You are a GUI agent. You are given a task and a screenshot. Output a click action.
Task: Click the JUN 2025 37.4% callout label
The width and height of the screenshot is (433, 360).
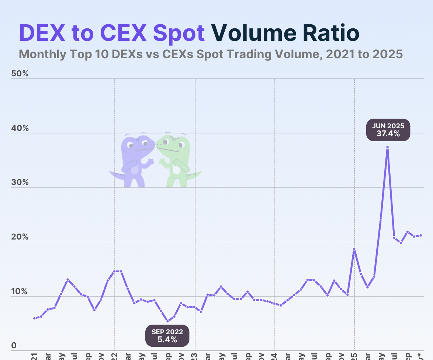point(388,130)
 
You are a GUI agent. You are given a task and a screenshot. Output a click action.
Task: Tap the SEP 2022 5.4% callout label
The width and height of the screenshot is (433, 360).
point(167,335)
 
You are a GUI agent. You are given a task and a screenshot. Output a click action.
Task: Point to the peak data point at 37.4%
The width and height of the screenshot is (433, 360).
point(387,147)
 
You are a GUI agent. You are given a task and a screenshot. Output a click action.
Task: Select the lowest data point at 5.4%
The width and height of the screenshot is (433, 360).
point(167,321)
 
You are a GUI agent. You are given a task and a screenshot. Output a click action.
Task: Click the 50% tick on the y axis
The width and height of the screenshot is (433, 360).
point(20,73)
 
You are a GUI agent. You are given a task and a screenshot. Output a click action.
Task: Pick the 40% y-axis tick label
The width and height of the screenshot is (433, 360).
point(20,128)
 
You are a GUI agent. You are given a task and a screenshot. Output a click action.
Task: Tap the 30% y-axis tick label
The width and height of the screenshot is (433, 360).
point(20,182)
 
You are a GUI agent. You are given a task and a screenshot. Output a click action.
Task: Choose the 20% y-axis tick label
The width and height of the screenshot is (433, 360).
point(20,237)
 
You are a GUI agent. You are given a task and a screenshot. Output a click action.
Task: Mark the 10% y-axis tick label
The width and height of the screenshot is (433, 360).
point(20,291)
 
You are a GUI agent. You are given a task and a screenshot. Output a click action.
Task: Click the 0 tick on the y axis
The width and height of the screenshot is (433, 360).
point(14,345)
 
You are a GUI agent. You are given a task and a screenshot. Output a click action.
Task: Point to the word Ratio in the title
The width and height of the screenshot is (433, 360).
point(331,33)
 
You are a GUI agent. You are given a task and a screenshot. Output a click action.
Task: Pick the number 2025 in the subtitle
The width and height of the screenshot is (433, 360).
point(387,54)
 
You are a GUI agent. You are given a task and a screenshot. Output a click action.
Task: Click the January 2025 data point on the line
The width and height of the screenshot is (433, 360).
point(354,249)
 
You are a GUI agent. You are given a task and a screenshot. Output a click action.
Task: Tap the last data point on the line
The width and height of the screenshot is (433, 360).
point(421,235)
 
